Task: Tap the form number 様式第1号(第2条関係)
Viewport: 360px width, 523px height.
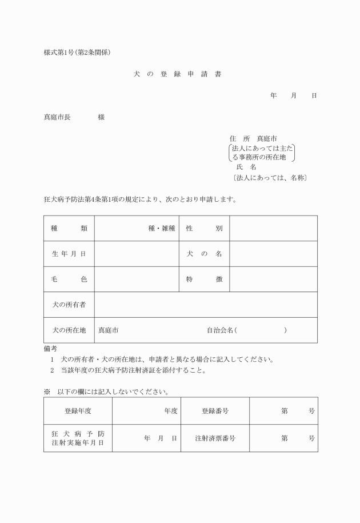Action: [x=77, y=53]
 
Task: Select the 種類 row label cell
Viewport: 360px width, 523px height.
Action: [x=69, y=228]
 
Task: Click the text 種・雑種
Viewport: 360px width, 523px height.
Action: [x=162, y=228]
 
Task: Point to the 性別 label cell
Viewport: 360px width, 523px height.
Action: [x=204, y=228]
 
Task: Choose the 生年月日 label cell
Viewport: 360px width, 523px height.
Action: [x=69, y=254]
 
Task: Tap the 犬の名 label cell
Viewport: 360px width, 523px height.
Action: [x=204, y=254]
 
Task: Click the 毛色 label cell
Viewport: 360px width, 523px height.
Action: [x=69, y=279]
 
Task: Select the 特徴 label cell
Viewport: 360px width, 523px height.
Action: [x=204, y=279]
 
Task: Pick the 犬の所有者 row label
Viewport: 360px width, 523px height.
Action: [x=69, y=305]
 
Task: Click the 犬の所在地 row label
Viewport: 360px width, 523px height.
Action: [x=69, y=330]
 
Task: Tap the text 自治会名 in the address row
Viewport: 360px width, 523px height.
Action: [x=220, y=330]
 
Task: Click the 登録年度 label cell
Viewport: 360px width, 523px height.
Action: [x=78, y=410]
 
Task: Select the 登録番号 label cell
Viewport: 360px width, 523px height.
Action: [x=215, y=410]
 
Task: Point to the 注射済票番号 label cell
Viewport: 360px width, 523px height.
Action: [x=215, y=438]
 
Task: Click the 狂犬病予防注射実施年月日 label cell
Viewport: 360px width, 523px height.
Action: [x=78, y=438]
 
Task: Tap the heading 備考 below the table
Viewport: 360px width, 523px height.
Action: [x=50, y=348]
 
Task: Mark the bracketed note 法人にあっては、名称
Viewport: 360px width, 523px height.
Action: [x=270, y=178]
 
